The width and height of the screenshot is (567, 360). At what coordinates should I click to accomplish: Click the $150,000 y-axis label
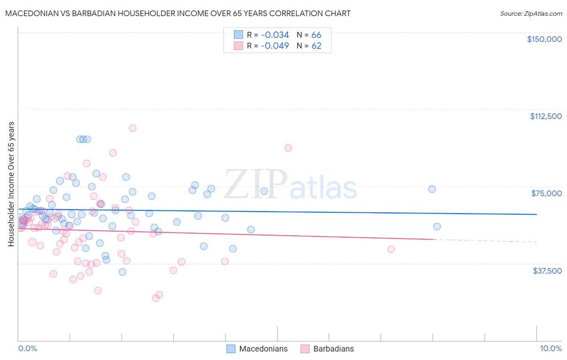point(544,39)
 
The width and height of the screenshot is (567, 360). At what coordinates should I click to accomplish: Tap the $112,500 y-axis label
point(546,116)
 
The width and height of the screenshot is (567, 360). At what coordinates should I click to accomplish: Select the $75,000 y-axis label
point(546,193)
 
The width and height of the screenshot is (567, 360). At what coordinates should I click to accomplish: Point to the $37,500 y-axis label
point(547,271)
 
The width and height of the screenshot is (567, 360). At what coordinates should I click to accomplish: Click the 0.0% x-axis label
point(27,348)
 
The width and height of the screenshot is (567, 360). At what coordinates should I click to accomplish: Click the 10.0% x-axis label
point(550,348)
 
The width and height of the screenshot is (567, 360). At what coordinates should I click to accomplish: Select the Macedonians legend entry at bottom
point(263,349)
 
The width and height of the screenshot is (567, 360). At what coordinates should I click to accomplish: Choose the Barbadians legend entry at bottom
point(334,349)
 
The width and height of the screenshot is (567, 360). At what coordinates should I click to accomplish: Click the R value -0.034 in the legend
point(275,35)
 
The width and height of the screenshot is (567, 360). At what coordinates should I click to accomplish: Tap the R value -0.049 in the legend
point(275,46)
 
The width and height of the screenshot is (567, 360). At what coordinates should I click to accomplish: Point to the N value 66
point(316,35)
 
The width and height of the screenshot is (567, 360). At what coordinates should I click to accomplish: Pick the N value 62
point(316,46)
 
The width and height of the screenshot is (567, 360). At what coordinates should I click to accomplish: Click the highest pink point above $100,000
point(132,128)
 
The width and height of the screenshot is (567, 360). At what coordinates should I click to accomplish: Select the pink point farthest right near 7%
point(391,249)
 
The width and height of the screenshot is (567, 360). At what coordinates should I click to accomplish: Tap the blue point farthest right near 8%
point(437,226)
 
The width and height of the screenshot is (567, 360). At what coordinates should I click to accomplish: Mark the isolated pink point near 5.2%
point(288,148)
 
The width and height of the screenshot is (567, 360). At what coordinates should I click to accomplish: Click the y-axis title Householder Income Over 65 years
point(11,184)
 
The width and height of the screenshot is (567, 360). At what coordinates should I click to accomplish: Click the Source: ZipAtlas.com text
point(531,13)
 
